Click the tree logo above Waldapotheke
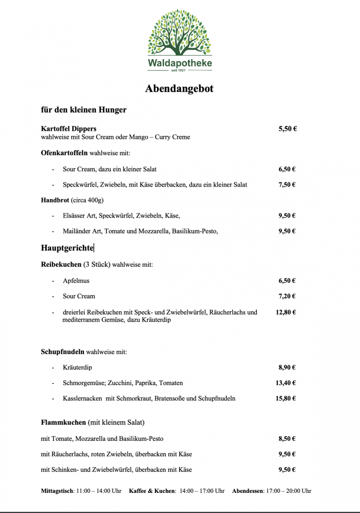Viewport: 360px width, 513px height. pyautogui.click(x=180, y=33)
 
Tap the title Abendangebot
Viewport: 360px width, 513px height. pyautogui.click(x=180, y=88)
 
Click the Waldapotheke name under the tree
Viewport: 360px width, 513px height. pyautogui.click(x=180, y=63)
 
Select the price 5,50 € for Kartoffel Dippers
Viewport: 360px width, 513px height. pyautogui.click(x=287, y=128)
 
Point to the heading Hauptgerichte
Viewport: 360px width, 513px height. pyautogui.click(x=67, y=248)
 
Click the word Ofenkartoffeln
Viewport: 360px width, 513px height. pyautogui.click(x=64, y=153)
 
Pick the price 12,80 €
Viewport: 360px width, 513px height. pyautogui.click(x=285, y=312)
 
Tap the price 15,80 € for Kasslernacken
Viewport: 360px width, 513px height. pyautogui.click(x=285, y=399)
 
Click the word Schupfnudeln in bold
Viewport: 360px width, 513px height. pyautogui.click(x=62, y=352)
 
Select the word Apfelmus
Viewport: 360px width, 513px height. pyautogui.click(x=76, y=281)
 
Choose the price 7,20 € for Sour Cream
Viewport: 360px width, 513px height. pyautogui.click(x=287, y=296)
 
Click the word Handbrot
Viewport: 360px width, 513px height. pyautogui.click(x=55, y=200)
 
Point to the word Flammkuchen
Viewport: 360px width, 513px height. pyautogui.click(x=63, y=422)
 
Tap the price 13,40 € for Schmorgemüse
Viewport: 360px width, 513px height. pyautogui.click(x=285, y=383)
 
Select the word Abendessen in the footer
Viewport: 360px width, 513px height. pyautogui.click(x=247, y=491)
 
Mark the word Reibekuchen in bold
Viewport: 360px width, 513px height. pyautogui.click(x=61, y=264)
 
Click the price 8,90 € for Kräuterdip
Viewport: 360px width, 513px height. pyautogui.click(x=287, y=368)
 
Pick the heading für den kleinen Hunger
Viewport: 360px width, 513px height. pyautogui.click(x=83, y=110)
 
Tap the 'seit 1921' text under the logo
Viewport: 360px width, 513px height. pyautogui.click(x=180, y=70)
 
